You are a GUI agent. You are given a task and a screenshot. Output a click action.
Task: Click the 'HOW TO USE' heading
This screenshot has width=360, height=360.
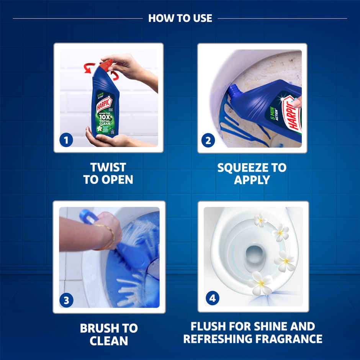tap(180, 18)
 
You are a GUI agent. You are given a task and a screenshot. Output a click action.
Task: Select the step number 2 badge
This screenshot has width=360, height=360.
tap(208, 140)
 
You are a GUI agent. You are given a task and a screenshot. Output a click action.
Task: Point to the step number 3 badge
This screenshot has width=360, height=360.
tap(66, 301)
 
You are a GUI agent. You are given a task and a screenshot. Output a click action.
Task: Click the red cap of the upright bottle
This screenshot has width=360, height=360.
tap(106, 64)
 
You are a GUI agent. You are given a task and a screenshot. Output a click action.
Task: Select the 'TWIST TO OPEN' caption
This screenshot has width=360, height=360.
tap(108, 173)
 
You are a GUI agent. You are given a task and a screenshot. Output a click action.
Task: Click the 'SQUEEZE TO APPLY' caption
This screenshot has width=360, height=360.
tap(252, 173)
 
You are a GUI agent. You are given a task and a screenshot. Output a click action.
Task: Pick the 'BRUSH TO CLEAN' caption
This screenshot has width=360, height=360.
tap(109, 334)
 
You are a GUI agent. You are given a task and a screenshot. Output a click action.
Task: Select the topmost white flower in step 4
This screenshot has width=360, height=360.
tap(260, 220)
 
